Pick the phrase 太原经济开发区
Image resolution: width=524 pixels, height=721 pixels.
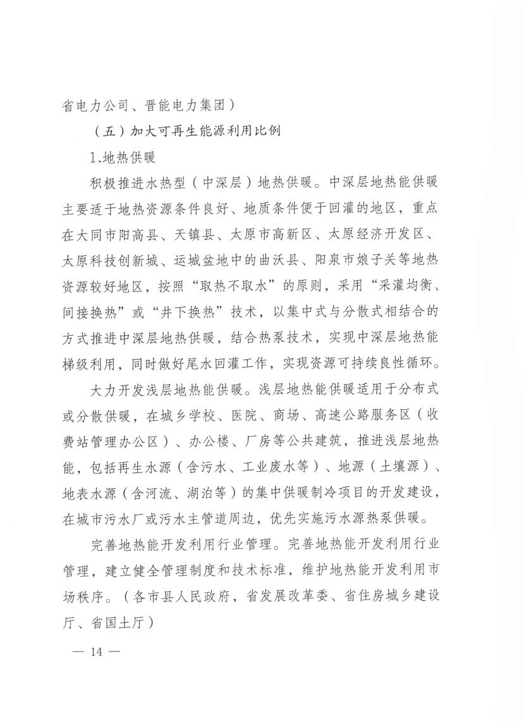[x=379, y=235]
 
